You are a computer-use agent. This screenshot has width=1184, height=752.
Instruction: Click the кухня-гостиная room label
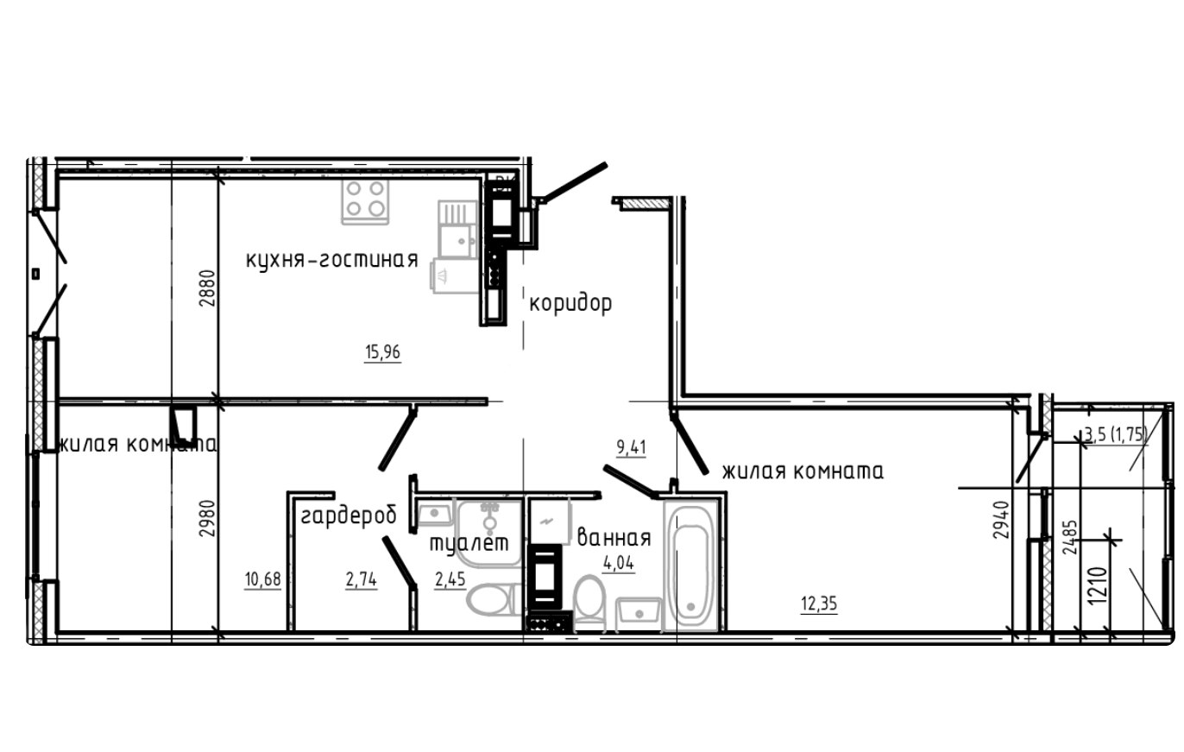(x=332, y=260)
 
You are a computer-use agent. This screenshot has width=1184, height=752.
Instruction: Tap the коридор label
(x=570, y=304)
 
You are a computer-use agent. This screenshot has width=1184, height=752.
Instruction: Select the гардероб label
(x=349, y=515)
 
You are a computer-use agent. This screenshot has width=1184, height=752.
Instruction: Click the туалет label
(x=469, y=543)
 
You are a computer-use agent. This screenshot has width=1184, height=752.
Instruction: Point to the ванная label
(x=614, y=537)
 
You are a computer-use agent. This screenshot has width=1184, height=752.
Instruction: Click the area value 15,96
(x=382, y=352)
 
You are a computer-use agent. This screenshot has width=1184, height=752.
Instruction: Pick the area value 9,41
(x=631, y=448)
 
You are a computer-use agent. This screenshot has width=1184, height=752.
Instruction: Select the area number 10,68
(x=262, y=579)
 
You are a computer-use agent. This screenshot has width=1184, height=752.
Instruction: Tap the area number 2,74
(x=362, y=580)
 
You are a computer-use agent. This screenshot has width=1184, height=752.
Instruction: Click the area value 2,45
(x=450, y=579)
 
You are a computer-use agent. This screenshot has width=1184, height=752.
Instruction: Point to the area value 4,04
(x=619, y=563)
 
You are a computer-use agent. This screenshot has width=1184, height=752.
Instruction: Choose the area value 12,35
(x=819, y=603)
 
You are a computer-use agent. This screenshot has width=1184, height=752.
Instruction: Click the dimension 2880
(x=207, y=288)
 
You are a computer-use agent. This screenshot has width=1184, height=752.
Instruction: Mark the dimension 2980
(x=207, y=519)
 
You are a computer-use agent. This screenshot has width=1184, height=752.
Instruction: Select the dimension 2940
(x=1001, y=520)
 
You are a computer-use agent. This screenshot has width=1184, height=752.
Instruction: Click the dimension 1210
(x=1097, y=586)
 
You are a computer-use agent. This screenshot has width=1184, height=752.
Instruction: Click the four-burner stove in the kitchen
(x=365, y=201)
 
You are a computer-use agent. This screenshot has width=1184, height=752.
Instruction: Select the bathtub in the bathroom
(x=690, y=565)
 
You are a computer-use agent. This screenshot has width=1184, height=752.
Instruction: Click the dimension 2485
(x=1068, y=537)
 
